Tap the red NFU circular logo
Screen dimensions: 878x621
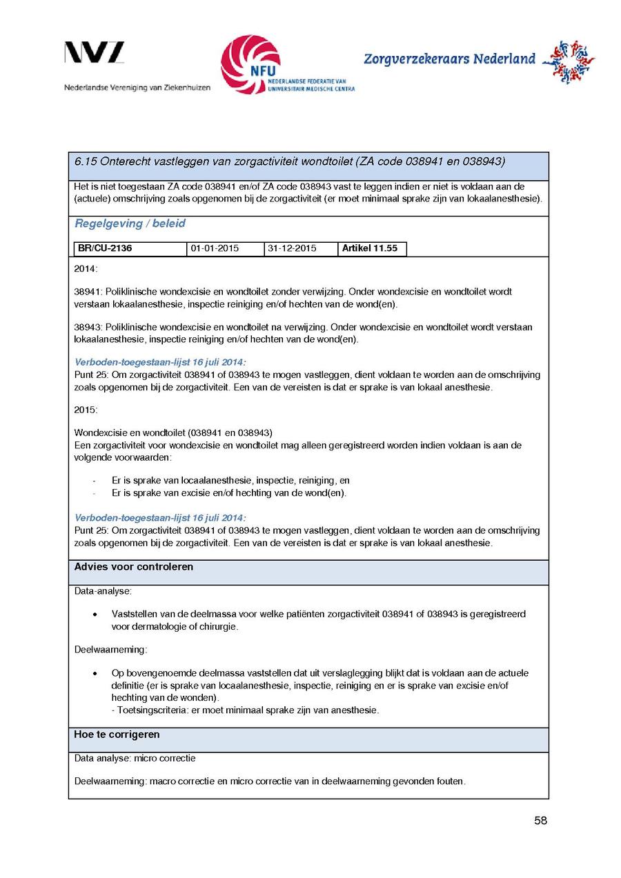tap(250, 65)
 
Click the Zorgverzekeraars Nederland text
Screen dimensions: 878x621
tap(449, 59)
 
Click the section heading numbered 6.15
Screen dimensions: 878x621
tap(289, 161)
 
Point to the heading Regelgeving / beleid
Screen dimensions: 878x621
tap(130, 223)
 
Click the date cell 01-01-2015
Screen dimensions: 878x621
tap(215, 249)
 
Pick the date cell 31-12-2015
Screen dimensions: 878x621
tap(292, 249)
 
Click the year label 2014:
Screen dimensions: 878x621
tap(86, 268)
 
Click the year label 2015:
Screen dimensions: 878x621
tap(86, 410)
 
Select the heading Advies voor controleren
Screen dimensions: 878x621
tap(134, 567)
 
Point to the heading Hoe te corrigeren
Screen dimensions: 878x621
tap(117, 735)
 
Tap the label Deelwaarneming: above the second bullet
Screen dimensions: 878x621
tap(110, 649)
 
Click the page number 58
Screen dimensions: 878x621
tap(540, 821)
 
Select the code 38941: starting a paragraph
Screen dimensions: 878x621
tap(88, 292)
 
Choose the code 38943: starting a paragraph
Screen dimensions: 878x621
tap(88, 328)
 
